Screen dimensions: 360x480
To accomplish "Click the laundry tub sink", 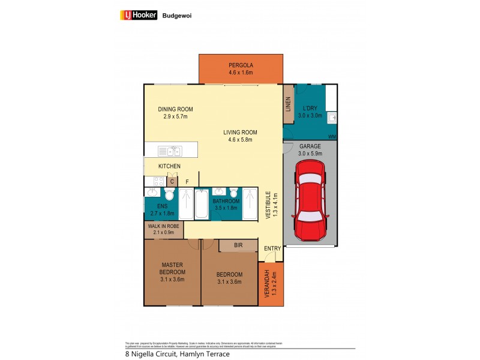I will [332, 118].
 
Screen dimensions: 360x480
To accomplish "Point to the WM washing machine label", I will [332, 137].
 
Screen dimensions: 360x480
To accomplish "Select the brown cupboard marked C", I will [172, 181].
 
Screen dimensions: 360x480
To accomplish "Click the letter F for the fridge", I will [187, 181].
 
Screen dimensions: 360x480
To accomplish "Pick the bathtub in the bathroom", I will [202, 204].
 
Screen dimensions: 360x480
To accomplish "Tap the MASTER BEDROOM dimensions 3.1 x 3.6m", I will [172, 279].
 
